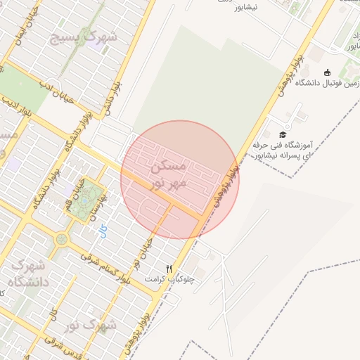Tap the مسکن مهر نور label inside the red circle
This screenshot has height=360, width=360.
pyautogui.click(x=169, y=174)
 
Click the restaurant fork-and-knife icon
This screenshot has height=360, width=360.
pyautogui.click(x=169, y=269)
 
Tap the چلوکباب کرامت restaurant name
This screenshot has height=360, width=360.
pyautogui.click(x=169, y=279)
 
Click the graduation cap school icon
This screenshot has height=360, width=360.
pyautogui.click(x=283, y=134)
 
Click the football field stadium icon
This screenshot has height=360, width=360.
pyautogui.click(x=327, y=72)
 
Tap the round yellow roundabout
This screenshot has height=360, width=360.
pyautogui.click(x=62, y=240)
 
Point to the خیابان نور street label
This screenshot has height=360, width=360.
pyautogui.click(x=136, y=257)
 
